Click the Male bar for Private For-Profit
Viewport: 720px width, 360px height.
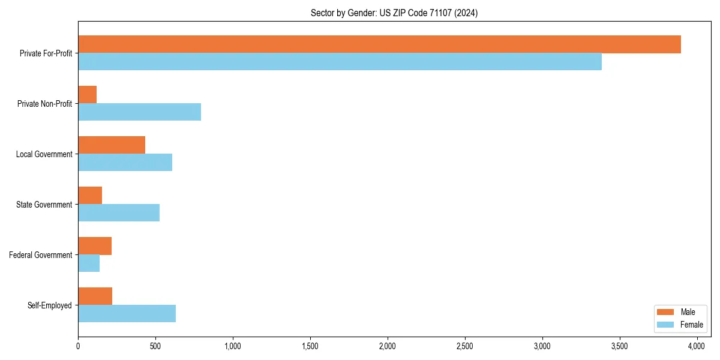pyautogui.click(x=379, y=44)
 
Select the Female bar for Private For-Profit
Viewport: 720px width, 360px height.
pyautogui.click(x=340, y=62)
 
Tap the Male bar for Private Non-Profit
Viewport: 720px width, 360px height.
pyautogui.click(x=88, y=95)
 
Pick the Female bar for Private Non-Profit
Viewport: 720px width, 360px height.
pyautogui.click(x=139, y=112)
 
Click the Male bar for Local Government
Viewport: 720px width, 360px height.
pyautogui.click(x=112, y=145)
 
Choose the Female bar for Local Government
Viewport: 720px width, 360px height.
pyautogui.click(x=125, y=163)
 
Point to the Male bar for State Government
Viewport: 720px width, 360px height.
pyautogui.click(x=90, y=196)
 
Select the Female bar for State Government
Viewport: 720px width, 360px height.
pyautogui.click(x=119, y=213)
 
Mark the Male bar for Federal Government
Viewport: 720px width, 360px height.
pyautogui.click(x=95, y=246)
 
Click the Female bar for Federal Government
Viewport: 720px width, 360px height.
pyautogui.click(x=89, y=263)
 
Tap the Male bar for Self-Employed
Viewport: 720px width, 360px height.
pyautogui.click(x=95, y=296)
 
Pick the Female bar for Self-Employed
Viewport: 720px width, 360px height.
pyautogui.click(x=127, y=314)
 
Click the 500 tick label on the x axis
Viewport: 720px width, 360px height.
pyautogui.click(x=155, y=346)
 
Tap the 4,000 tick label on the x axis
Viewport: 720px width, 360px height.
pyautogui.click(x=697, y=346)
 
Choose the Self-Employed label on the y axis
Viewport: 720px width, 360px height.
pyautogui.click(x=50, y=305)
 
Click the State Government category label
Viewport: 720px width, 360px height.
pyautogui.click(x=44, y=205)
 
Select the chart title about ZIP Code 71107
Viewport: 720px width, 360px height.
pyautogui.click(x=394, y=13)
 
